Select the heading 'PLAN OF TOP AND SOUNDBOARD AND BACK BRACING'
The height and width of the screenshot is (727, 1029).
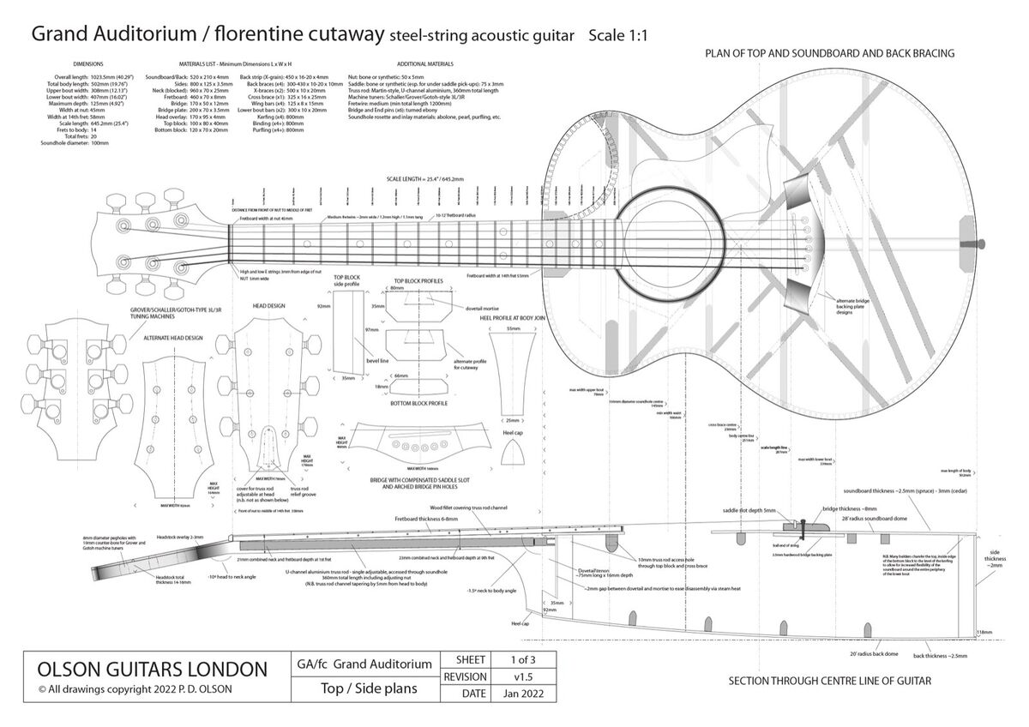[x=830, y=54]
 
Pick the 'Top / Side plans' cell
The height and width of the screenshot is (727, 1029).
[x=363, y=688]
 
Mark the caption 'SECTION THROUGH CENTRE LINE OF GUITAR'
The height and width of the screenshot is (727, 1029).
[x=829, y=682]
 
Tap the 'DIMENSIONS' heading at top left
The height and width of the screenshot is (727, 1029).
[x=88, y=63]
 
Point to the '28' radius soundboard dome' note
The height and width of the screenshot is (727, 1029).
[x=885, y=519]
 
